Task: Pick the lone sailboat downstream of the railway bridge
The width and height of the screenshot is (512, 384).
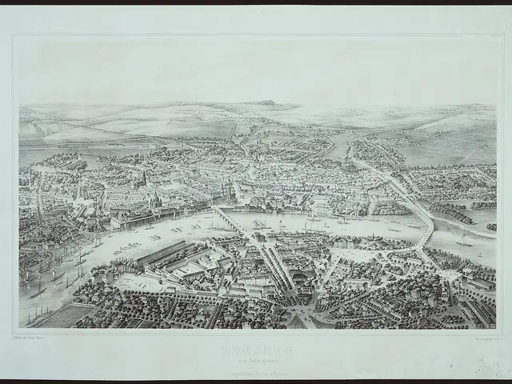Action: point(464,240)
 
